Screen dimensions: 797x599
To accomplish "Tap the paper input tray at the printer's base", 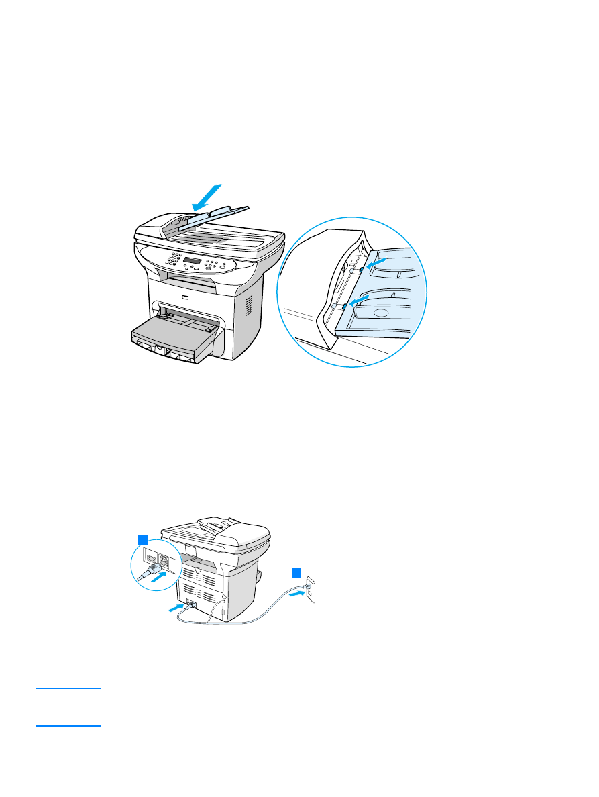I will (x=173, y=335).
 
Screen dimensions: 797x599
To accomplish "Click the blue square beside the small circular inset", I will (x=142, y=539).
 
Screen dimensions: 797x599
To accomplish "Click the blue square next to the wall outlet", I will (x=296, y=572).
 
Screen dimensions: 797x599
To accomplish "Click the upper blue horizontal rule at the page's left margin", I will (x=68, y=688).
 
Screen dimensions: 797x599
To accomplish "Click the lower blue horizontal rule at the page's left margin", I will (x=68, y=726).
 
